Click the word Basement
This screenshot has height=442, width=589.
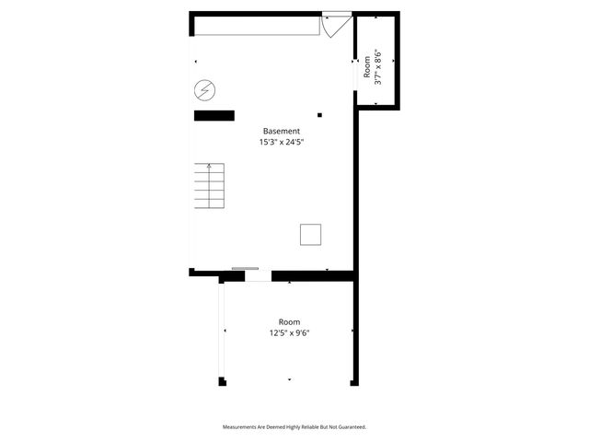pyautogui.click(x=282, y=131)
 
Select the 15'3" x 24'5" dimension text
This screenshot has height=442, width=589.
pyautogui.click(x=282, y=143)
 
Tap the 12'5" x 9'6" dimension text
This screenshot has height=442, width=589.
pyautogui.click(x=289, y=333)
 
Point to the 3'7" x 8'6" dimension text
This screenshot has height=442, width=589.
pyautogui.click(x=378, y=68)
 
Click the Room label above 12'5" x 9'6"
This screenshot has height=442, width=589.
pyautogui.click(x=289, y=321)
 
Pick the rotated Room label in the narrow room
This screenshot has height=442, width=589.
pyautogui.click(x=366, y=68)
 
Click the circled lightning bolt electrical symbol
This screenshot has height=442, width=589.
pyautogui.click(x=204, y=90)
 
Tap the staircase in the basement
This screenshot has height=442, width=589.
pyautogui.click(x=210, y=187)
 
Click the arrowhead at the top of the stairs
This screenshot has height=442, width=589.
pyautogui.click(x=210, y=166)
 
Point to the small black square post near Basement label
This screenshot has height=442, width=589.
pyautogui.click(x=319, y=115)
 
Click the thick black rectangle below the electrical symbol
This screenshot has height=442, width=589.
pyautogui.click(x=214, y=115)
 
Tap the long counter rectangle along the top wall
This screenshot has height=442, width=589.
pyautogui.click(x=256, y=26)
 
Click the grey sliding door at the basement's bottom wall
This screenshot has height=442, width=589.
pyautogui.click(x=246, y=269)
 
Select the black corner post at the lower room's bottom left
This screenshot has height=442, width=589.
pyautogui.click(x=222, y=381)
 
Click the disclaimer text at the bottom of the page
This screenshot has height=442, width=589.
pyautogui.click(x=294, y=427)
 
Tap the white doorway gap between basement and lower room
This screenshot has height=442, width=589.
pyautogui.click(x=259, y=275)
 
